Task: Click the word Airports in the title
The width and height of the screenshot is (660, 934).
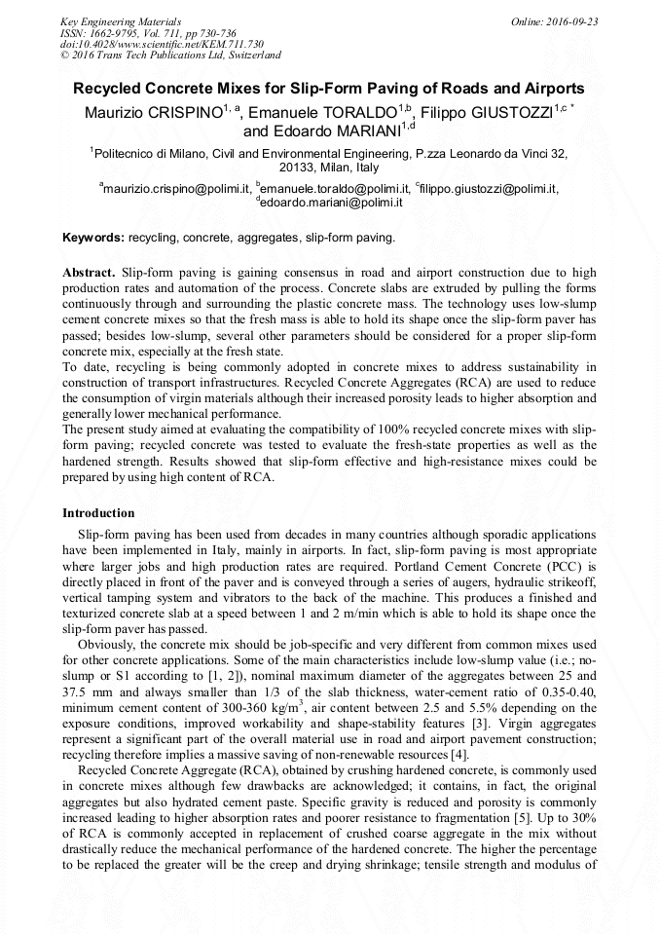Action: pyautogui.click(x=550, y=89)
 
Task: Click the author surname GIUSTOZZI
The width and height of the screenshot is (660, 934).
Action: pyautogui.click(x=505, y=111)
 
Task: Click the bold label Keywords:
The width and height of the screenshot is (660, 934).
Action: pyautogui.click(x=93, y=237)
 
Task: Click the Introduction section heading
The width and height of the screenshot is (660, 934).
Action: pyautogui.click(x=98, y=513)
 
